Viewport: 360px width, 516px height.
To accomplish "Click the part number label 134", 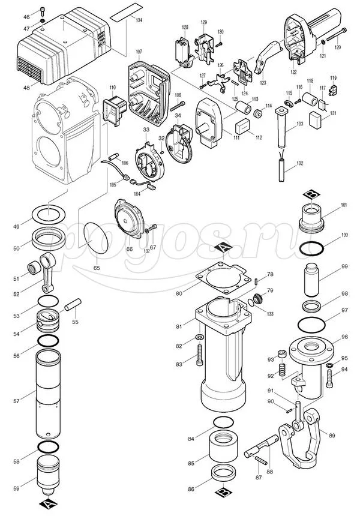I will (139, 20).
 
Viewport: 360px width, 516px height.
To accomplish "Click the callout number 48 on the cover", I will (26, 88).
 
